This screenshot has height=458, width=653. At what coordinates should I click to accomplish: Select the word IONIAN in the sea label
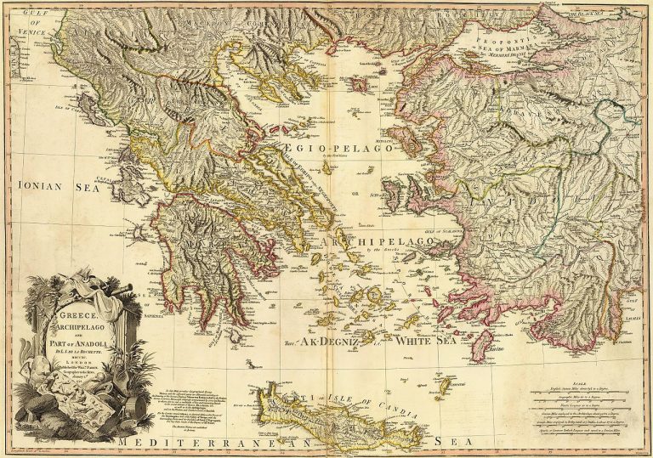[30, 182]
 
